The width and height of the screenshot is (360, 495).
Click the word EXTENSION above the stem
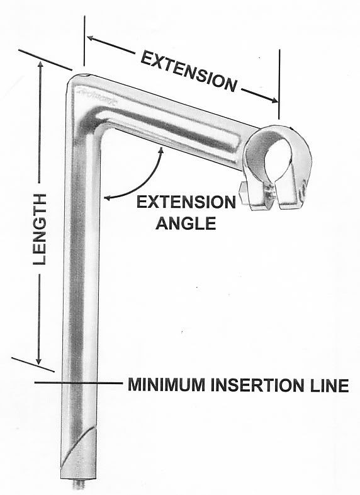189,71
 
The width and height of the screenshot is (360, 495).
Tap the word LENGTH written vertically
40,229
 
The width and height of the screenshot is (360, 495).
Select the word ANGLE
186,223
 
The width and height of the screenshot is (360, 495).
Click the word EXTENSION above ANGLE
186,202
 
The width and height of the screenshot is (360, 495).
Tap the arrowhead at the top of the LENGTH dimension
40,65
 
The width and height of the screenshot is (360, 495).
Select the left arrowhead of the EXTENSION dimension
91,38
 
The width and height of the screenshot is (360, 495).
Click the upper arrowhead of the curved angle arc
162,151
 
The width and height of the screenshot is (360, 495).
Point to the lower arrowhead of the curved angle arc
108,198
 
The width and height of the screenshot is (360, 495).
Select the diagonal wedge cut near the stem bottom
78,445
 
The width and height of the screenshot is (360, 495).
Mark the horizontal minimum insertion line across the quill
78,383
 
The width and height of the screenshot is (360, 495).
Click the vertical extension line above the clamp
279,84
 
